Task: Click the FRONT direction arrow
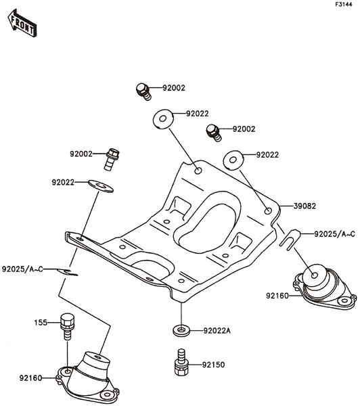22,23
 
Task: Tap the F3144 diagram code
344,4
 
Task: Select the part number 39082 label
305,206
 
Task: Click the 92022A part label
217,331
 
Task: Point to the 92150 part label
213,365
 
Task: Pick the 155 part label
41,323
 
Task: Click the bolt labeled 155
67,327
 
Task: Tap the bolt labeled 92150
181,362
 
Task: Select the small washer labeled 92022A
181,330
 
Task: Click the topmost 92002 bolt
143,91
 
